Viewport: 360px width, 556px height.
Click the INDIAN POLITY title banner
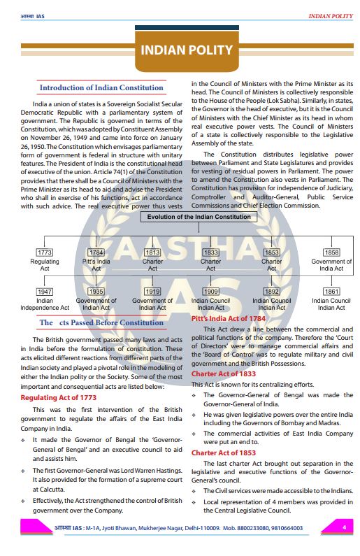pos(186,50)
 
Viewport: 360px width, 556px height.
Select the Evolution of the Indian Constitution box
pos(199,218)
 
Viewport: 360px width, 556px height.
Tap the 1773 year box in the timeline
pos(45,252)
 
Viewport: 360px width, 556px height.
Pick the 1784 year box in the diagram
pos(96,252)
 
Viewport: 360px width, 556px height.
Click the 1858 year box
pos(331,252)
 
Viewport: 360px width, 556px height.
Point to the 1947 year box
pos(45,291)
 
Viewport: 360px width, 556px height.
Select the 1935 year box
pos(96,291)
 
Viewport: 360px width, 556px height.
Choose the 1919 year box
pos(152,291)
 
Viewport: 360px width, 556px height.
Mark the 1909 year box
pos(210,291)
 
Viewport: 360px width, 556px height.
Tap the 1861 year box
pos(331,291)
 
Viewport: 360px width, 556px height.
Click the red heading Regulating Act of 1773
pos(58,397)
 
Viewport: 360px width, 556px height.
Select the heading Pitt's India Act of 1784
pos(230,318)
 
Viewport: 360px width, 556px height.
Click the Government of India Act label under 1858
pos(331,265)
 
